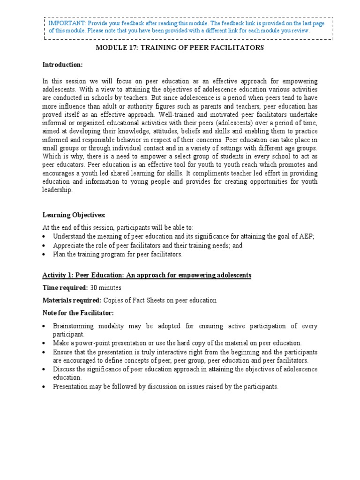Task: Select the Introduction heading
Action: pos(62,65)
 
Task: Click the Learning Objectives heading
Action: pos(74,215)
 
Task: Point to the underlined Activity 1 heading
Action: pos(147,275)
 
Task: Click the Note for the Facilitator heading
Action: pos(78,313)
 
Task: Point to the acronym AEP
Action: pos(306,237)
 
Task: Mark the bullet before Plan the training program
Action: pos(44,255)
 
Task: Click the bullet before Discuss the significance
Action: pos(44,369)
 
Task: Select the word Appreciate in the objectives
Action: pos(70,246)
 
